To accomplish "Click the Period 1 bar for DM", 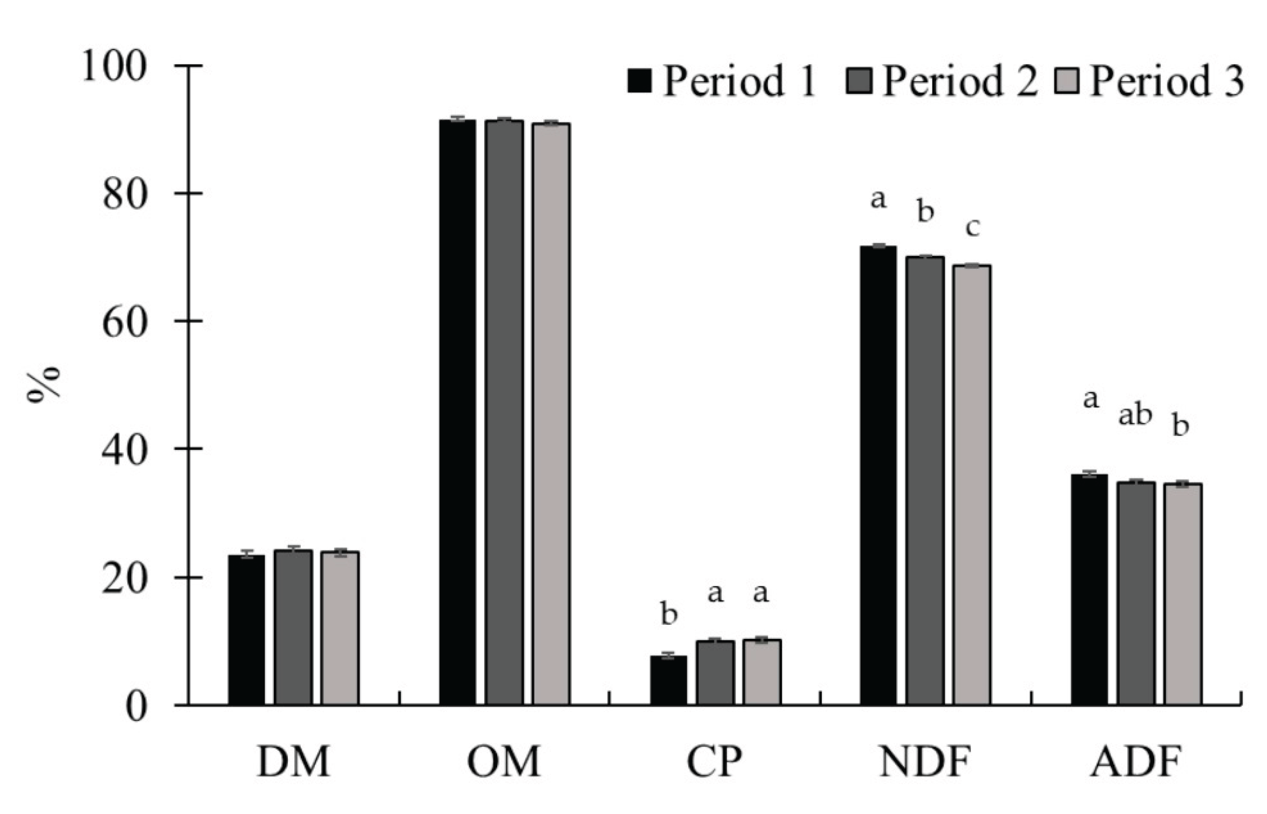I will click(x=246, y=630).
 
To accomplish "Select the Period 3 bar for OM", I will click(x=550, y=414).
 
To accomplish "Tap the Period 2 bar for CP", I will click(x=715, y=672).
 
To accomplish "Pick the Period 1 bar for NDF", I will click(x=878, y=476).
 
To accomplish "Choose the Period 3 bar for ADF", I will click(x=1183, y=594).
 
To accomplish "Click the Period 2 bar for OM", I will click(x=504, y=412).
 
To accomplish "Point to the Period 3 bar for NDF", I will click(x=971, y=485).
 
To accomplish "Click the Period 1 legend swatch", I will click(x=640, y=80).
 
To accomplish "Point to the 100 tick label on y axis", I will click(x=113, y=67).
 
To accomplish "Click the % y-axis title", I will click(x=44, y=384).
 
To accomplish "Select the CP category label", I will click(x=714, y=762).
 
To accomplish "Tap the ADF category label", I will click(x=1135, y=762).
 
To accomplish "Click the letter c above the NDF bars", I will click(x=972, y=227).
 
